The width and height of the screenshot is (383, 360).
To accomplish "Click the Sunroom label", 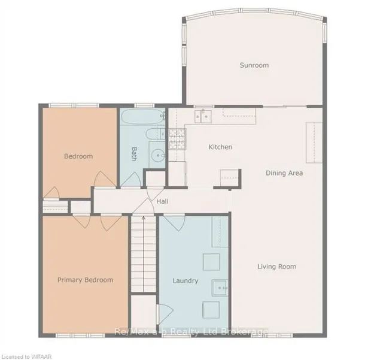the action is pos(254,65).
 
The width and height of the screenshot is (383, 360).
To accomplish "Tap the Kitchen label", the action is pos(220,147).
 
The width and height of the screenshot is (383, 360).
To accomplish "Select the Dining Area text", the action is pos(284,173).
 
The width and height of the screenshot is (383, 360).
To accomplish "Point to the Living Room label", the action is pos(276,267).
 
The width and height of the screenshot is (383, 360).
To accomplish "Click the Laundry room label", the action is pos(186,281).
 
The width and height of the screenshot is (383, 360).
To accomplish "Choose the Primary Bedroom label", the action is pos(85,280).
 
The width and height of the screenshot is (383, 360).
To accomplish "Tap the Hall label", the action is pos(162,201).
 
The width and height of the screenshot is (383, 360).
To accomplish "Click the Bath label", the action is pos(134,154).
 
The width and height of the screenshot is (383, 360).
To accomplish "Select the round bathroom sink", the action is pos(157,155).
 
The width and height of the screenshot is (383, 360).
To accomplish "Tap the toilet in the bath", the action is pos(156,134).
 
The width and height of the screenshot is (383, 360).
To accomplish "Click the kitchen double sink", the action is pos(203,117).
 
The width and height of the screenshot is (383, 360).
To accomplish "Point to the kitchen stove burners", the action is pos(177,139).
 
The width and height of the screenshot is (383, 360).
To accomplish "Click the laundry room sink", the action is pos(220,288).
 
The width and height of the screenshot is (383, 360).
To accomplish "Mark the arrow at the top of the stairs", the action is pos(144,219).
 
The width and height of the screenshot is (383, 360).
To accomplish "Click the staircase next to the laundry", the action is pos(144,253).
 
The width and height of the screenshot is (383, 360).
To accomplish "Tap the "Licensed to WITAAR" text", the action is pos(26,356).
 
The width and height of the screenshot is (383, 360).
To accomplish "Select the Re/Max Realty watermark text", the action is pos(191,332).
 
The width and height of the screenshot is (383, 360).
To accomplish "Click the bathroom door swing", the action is pos(131,180).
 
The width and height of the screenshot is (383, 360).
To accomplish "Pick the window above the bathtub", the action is pos(144,105).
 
